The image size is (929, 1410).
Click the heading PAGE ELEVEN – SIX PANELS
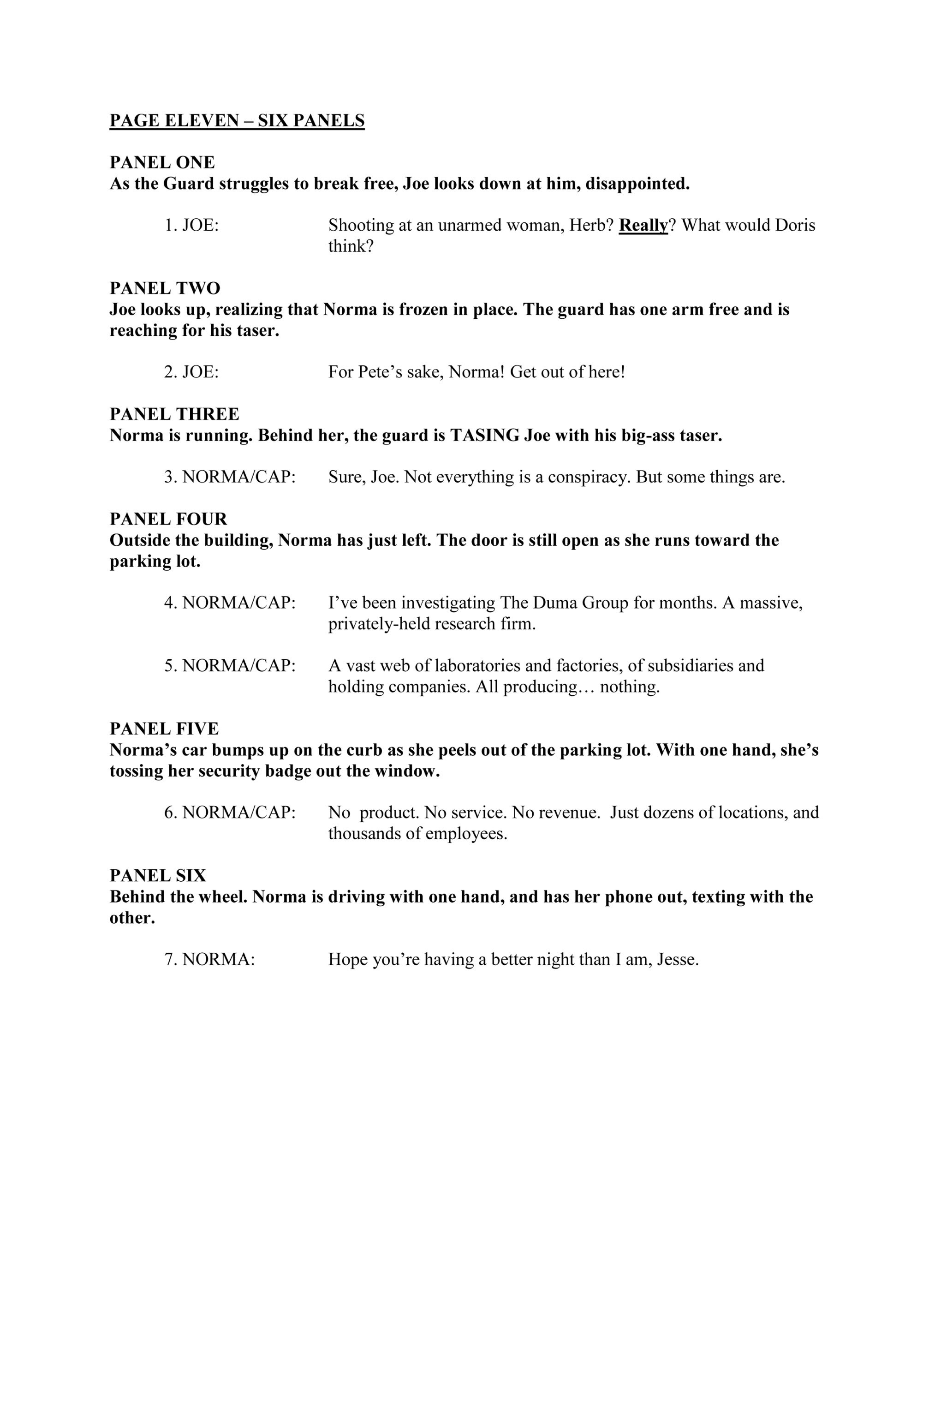[x=237, y=121]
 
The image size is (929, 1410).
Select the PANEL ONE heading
[x=162, y=162]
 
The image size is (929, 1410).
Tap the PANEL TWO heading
[x=165, y=288]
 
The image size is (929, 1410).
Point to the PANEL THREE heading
[x=174, y=414]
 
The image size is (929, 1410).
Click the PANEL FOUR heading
[x=168, y=519]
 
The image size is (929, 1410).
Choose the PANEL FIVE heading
[x=164, y=729]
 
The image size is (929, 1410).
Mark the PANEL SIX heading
[x=158, y=875]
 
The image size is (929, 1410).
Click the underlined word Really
[x=643, y=226]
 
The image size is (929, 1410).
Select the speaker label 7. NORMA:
[x=209, y=959]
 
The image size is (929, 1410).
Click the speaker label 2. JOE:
[x=191, y=373]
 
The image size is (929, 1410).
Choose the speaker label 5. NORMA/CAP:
[x=230, y=666]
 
